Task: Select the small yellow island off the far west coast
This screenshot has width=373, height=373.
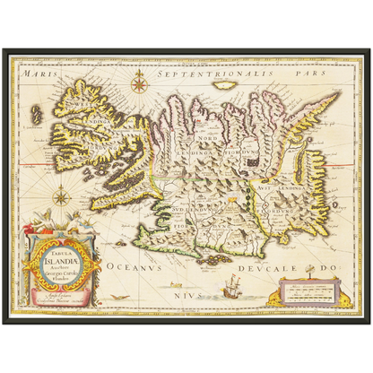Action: [37, 115]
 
